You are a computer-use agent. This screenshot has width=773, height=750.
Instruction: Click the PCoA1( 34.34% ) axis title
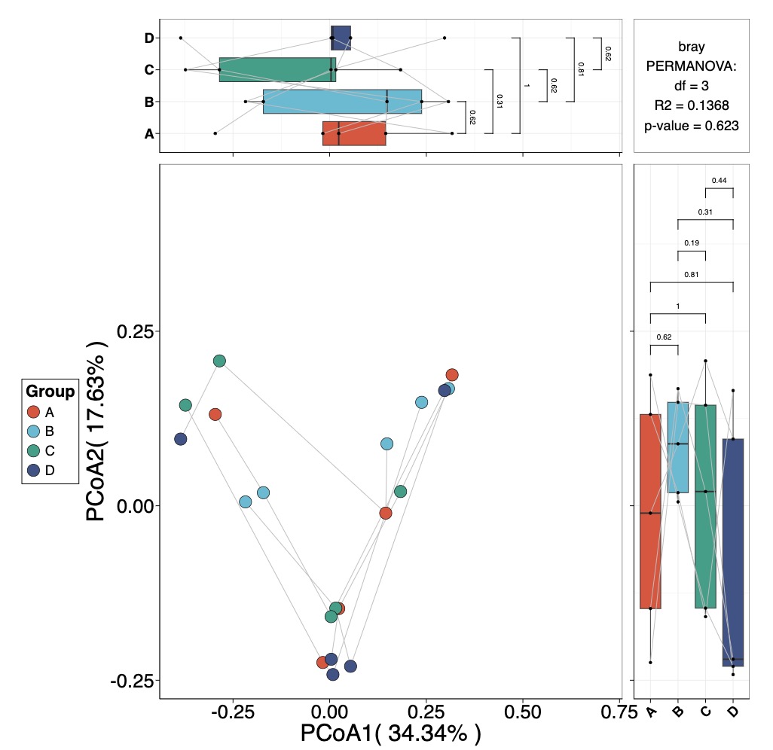(390, 733)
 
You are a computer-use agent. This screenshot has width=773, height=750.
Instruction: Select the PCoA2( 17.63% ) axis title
(97, 431)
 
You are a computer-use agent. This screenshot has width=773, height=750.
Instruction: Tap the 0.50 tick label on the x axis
(522, 712)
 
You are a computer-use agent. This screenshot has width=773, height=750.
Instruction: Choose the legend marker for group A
(33, 412)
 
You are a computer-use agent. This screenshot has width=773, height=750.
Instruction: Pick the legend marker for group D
(33, 470)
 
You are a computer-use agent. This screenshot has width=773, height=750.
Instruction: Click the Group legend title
(50, 392)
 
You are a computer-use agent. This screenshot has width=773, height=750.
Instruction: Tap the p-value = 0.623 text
(692, 126)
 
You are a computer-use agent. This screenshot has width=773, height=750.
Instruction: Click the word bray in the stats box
(692, 47)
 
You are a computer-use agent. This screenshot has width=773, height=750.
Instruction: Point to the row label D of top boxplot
(149, 38)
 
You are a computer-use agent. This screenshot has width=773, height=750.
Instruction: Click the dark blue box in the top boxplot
(341, 38)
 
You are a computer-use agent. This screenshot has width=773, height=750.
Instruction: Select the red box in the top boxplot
(354, 133)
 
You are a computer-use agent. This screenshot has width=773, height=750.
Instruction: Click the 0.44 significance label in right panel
(719, 180)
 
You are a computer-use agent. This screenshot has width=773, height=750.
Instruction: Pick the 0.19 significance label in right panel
(692, 242)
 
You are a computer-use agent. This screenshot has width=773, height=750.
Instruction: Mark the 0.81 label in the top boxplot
(580, 69)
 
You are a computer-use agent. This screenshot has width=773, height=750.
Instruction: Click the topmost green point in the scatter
(219, 361)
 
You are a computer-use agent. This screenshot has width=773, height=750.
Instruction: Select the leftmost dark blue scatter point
(180, 439)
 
